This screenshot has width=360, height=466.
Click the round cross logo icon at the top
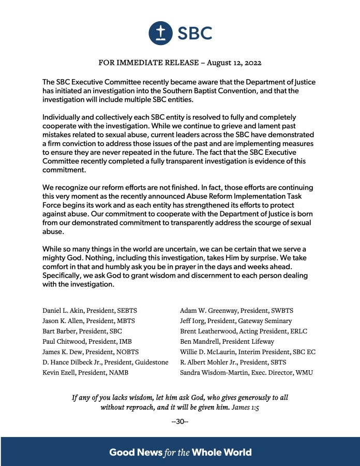pos(160,33)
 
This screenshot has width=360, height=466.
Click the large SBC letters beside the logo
pos(195,33)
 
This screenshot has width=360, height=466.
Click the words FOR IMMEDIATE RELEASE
pos(148,63)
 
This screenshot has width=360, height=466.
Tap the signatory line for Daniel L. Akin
pos(89,311)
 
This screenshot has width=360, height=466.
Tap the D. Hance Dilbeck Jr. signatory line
pos(105,362)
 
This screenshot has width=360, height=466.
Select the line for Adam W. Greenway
pos(236,311)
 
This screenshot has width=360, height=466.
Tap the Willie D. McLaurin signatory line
pos(248,352)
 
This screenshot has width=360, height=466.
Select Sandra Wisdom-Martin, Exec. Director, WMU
pos(246,372)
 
